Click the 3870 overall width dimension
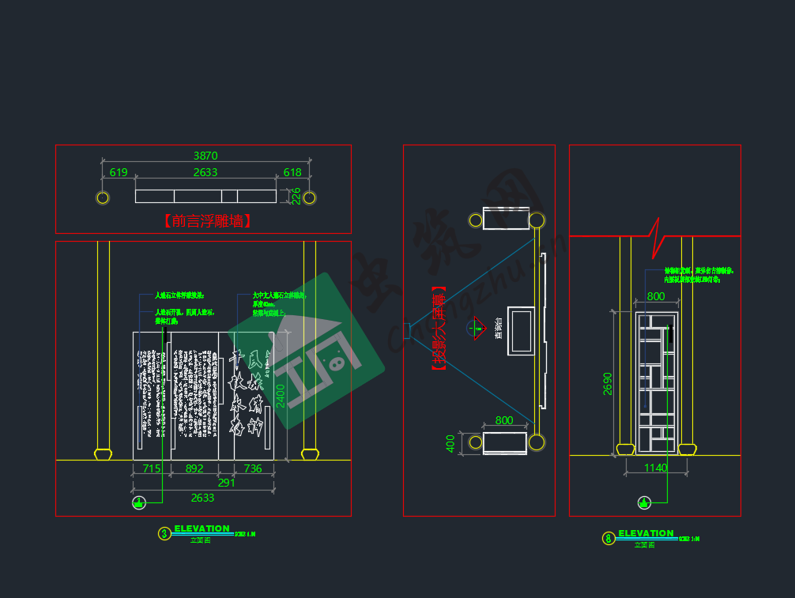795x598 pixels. (205, 156)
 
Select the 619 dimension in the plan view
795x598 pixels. (119, 172)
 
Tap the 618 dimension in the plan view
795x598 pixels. (292, 172)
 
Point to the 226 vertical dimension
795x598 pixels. (296, 196)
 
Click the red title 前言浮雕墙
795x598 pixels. (208, 221)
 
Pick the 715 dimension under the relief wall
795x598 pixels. (151, 468)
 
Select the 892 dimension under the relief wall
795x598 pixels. (194, 468)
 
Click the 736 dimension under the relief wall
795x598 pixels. (253, 468)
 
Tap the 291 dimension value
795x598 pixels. (226, 483)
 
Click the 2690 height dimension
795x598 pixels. (608, 383)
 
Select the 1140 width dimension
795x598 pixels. (655, 468)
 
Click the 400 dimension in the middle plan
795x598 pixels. (450, 443)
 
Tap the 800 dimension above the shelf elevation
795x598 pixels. (656, 296)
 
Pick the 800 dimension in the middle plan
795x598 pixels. (504, 420)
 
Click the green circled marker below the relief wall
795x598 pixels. (139, 502)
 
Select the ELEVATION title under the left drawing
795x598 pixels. (202, 528)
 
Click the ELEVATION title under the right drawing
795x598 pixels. (646, 533)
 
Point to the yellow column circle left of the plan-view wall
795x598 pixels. (103, 197)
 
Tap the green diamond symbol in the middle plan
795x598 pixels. (478, 327)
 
